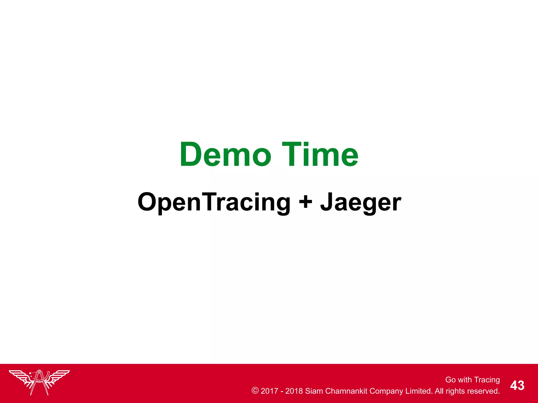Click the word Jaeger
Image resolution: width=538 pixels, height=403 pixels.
[x=360, y=202]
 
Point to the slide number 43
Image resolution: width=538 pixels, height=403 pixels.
[x=517, y=385]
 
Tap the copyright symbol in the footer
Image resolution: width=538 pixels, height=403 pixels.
[x=255, y=390]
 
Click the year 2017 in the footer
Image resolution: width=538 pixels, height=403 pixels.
[x=269, y=391]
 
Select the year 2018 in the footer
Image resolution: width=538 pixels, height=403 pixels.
[x=294, y=391]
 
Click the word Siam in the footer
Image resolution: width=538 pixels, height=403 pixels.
[x=314, y=391]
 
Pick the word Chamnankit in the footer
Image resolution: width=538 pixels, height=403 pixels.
[x=346, y=391]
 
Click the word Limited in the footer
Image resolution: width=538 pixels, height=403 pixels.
[x=419, y=391]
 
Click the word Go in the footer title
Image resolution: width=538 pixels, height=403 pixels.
[x=450, y=380]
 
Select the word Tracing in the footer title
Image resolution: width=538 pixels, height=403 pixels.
[x=487, y=380]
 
